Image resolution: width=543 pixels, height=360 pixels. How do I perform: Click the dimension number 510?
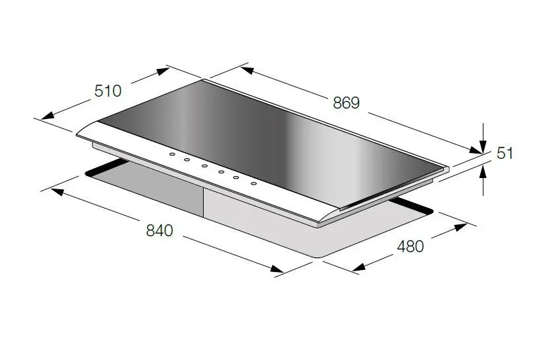pos(108,91)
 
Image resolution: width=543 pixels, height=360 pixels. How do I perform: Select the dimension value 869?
pos(347,103)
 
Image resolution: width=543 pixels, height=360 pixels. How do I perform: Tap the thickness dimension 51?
pos(505,153)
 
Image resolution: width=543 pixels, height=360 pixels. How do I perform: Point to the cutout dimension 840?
pos(159,230)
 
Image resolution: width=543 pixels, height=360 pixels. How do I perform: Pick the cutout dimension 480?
pos(410,246)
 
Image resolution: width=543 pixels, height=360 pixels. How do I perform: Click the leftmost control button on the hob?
pos(172,154)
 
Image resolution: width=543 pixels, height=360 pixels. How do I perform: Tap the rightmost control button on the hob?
pos(254,183)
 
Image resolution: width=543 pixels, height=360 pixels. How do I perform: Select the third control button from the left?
pos(204,166)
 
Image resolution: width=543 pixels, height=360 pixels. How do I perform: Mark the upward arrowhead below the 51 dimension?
pos(483,171)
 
